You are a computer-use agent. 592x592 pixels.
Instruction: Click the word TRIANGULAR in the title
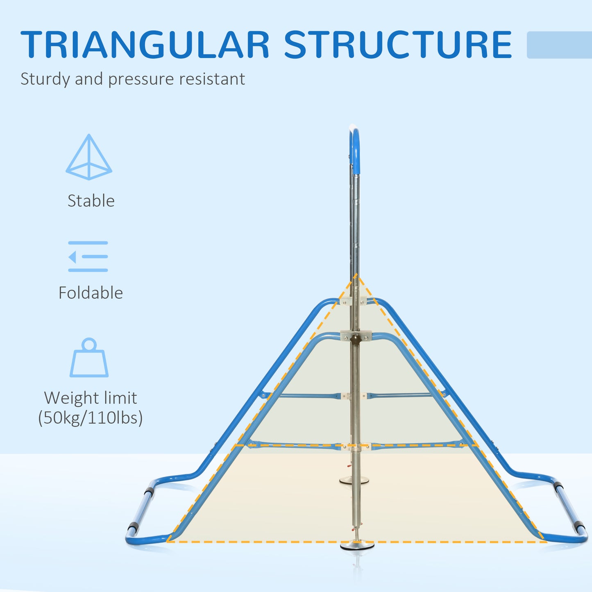pos(145,45)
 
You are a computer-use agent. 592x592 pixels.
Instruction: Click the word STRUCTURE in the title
pos(397,45)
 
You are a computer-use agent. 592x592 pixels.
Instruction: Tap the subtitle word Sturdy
pos(45,79)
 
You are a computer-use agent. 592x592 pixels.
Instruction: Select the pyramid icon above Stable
pos(88,157)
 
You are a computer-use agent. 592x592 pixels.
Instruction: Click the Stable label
pos(91,201)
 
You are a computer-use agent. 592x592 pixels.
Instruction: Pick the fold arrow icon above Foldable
pos(88,256)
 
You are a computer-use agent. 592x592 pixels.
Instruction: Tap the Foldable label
pos(91,293)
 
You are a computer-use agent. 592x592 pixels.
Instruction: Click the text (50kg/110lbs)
pos(91,417)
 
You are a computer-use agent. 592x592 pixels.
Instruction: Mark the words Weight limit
pos(91,398)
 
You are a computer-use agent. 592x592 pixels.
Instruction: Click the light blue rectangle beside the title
pos(559,45)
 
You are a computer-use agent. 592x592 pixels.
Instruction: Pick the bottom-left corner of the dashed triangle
pos(168,542)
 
